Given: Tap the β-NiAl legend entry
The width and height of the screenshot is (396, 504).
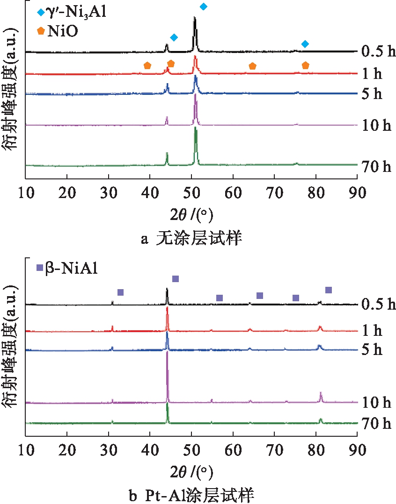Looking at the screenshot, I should click(68, 269).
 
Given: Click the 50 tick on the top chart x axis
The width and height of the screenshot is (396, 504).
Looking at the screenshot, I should click(191, 192).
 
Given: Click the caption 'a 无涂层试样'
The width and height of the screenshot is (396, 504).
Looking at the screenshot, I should click(191, 239).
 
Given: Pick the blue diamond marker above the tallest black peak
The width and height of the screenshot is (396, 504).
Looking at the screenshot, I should click(203, 7).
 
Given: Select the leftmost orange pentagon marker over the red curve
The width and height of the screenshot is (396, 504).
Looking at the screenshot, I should click(147, 66).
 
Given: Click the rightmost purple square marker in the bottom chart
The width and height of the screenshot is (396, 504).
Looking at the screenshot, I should click(328, 290).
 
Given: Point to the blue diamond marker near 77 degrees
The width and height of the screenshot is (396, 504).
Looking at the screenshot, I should click(305, 44).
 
